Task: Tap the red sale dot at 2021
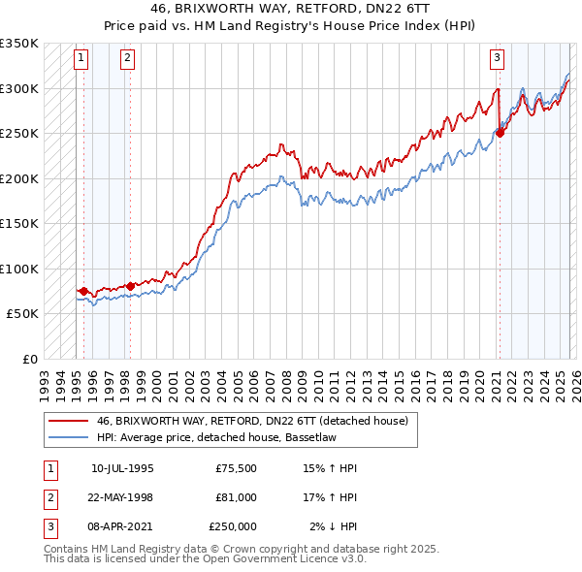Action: tap(501, 132)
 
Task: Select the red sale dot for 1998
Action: tap(130, 286)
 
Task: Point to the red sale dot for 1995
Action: tap(84, 291)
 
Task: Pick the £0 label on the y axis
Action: tap(29, 359)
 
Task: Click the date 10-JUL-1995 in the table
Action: tap(122, 468)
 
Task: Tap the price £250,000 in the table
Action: tap(232, 526)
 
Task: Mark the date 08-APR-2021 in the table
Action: tap(122, 526)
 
